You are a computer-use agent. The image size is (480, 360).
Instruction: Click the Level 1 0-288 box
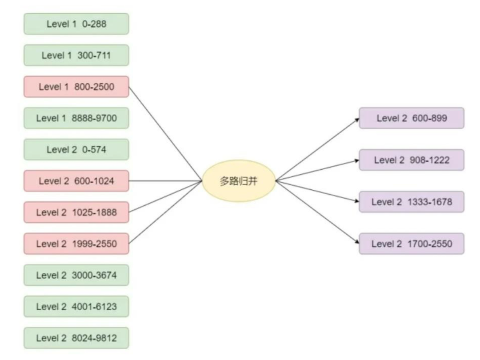pyautogui.click(x=76, y=24)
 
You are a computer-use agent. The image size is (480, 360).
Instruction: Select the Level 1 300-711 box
pyautogui.click(x=76, y=56)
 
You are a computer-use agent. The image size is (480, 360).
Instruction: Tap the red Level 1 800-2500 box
pyautogui.click(x=76, y=87)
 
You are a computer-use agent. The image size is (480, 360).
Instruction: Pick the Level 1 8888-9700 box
pyautogui.click(x=76, y=118)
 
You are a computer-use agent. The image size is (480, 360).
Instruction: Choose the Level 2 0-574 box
pyautogui.click(x=76, y=150)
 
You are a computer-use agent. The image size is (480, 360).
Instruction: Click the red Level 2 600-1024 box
pyautogui.click(x=76, y=181)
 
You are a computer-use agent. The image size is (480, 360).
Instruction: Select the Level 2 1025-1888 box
pyautogui.click(x=76, y=212)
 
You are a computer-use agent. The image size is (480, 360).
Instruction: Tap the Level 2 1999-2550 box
pyautogui.click(x=76, y=244)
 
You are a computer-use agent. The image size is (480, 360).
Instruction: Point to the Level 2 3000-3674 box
pyautogui.click(x=76, y=275)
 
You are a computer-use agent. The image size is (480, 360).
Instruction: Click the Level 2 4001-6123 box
pyautogui.click(x=76, y=306)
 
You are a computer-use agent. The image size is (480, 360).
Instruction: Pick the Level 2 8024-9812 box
pyautogui.click(x=76, y=338)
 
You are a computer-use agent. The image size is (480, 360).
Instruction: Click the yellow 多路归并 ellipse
pyautogui.click(x=239, y=181)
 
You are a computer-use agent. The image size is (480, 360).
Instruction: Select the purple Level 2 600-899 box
pyautogui.click(x=412, y=118)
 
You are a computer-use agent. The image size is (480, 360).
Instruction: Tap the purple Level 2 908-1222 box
pyautogui.click(x=412, y=160)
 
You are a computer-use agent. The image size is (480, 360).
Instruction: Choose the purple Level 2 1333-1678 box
pyautogui.click(x=412, y=202)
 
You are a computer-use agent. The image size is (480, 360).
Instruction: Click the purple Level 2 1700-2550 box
pyautogui.click(x=412, y=244)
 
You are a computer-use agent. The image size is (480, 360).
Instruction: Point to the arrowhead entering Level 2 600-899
pyautogui.click(x=357, y=120)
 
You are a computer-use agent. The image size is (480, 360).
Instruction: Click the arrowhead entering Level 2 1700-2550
pyautogui.click(x=357, y=242)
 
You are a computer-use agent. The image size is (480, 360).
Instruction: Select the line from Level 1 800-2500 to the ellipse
pyautogui.click(x=165, y=134)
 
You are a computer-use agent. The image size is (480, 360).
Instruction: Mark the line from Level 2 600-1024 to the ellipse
pyautogui.click(x=165, y=181)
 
